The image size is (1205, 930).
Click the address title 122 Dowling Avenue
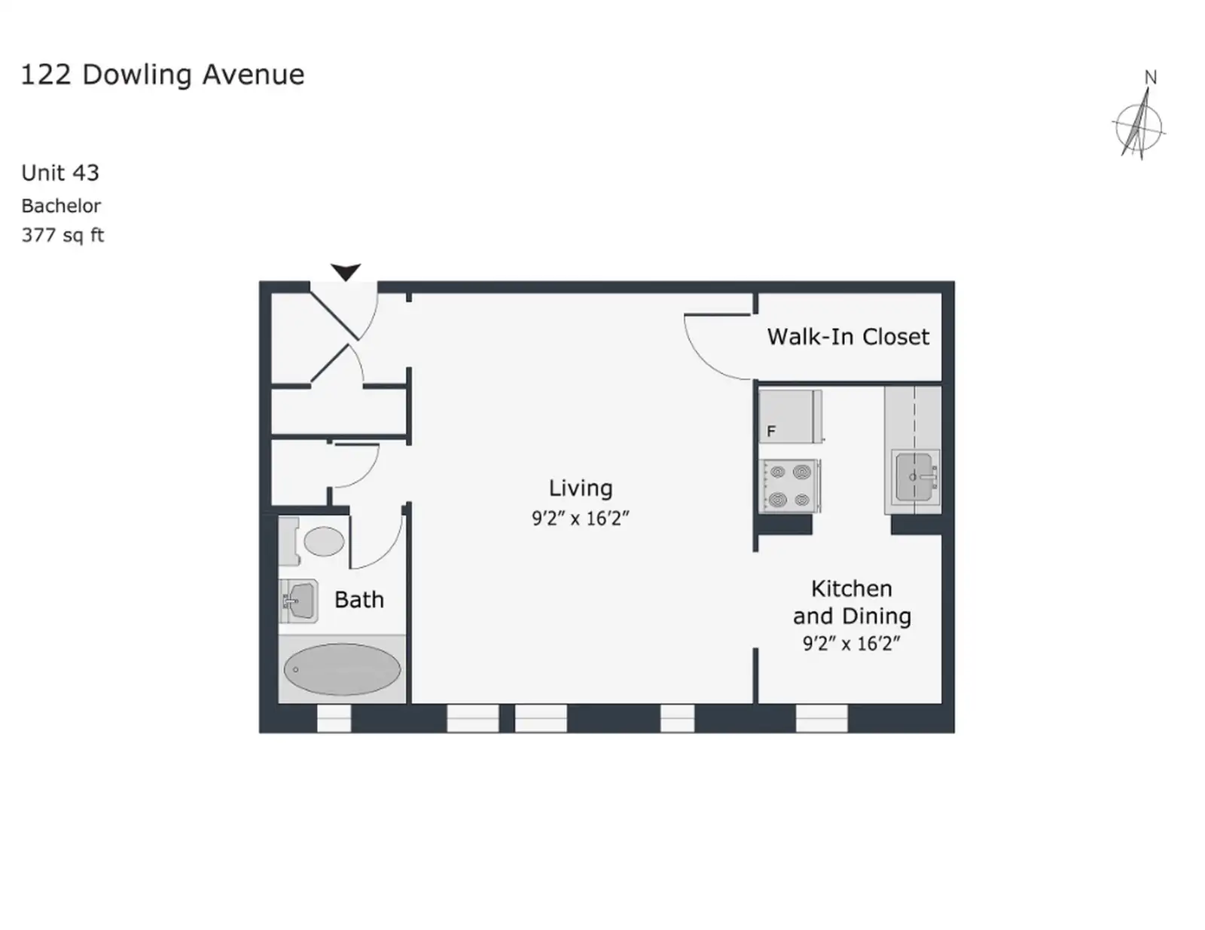coord(163,75)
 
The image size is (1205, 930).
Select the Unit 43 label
coord(60,173)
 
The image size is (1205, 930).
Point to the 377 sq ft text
coord(63,235)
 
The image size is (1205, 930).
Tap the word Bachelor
coord(61,206)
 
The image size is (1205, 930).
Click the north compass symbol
coord(1139,123)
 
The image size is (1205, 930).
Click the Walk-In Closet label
coord(848,337)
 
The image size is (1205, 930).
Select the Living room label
coord(581,488)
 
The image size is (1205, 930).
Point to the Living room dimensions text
coord(581,519)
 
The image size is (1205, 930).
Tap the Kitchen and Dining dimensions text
coord(851,644)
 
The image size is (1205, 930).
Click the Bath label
coord(358,600)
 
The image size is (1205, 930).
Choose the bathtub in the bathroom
coord(342,669)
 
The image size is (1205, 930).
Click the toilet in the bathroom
coord(312,541)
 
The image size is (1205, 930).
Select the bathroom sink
coord(298,601)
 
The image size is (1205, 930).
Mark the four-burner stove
coord(790,485)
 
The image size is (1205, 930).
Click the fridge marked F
coord(790,416)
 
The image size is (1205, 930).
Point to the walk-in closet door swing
coord(717,347)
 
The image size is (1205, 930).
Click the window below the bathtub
coord(334,718)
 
